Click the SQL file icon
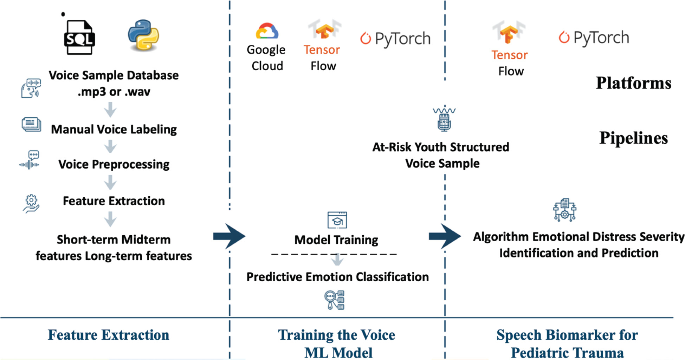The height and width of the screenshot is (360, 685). pyautogui.click(x=79, y=37)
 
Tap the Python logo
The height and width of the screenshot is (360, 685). pyautogui.click(x=143, y=35)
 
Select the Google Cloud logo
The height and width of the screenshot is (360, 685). pyautogui.click(x=267, y=31)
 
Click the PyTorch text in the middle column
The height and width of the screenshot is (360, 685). pyautogui.click(x=402, y=39)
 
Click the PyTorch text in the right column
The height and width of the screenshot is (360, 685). pyautogui.click(x=601, y=38)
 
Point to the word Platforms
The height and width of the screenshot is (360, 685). pyautogui.click(x=633, y=83)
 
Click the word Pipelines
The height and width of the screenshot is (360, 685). pyautogui.click(x=633, y=138)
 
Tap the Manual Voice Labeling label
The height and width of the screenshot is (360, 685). pyautogui.click(x=114, y=129)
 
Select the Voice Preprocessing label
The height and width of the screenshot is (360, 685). pyautogui.click(x=114, y=164)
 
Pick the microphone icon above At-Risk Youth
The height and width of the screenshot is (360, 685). pyautogui.click(x=444, y=119)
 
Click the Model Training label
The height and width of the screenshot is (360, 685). pyautogui.click(x=336, y=240)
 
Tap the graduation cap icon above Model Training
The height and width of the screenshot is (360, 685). pyautogui.click(x=337, y=220)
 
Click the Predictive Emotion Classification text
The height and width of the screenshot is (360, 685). pyautogui.click(x=337, y=277)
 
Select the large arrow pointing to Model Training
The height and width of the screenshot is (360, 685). pyautogui.click(x=230, y=236)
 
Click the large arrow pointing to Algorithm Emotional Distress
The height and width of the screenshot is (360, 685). pyautogui.click(x=445, y=236)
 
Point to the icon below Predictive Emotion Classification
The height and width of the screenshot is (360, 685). pyautogui.click(x=334, y=300)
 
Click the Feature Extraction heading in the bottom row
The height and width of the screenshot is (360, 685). pyautogui.click(x=108, y=335)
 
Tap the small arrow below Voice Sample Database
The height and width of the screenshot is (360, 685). pyautogui.click(x=110, y=110)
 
